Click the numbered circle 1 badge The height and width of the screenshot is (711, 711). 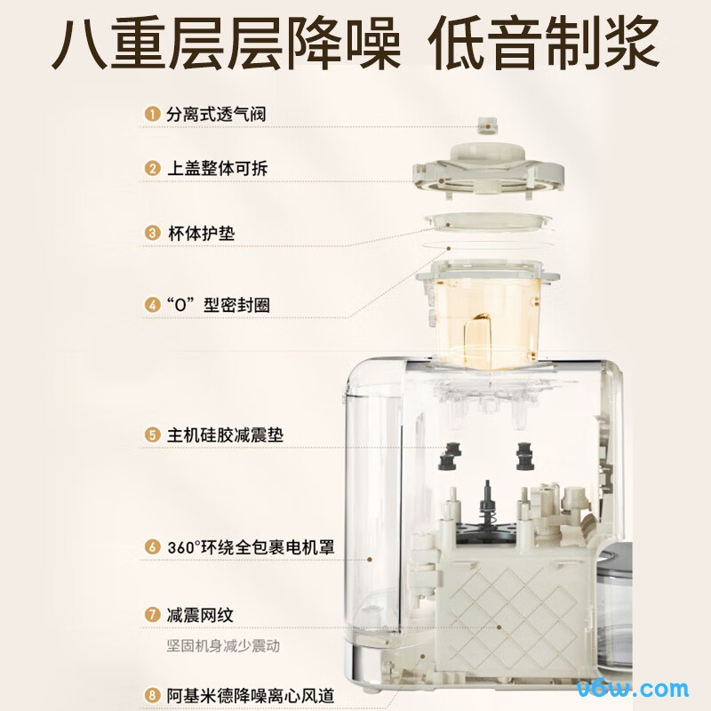coord(152,114)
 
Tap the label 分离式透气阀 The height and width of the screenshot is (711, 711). coord(216,114)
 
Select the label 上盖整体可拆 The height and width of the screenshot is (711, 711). coord(217,168)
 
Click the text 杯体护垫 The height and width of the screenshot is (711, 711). coord(202,233)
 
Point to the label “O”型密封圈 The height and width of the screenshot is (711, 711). coord(218,304)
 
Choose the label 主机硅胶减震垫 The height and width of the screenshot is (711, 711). coord(225,435)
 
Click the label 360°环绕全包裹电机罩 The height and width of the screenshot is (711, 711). coord(251,547)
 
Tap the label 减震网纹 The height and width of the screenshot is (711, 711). coord(200,615)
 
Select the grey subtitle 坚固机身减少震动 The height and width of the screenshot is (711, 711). coord(223,645)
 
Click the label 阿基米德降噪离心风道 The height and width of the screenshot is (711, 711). coord(251,696)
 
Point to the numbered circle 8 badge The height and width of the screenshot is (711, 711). coord(152,695)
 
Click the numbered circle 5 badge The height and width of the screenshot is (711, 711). coord(152,435)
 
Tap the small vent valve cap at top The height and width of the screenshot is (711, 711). coord(487,125)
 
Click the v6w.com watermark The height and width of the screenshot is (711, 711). coord(633,690)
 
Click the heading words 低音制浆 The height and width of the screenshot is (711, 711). coord(543,44)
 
